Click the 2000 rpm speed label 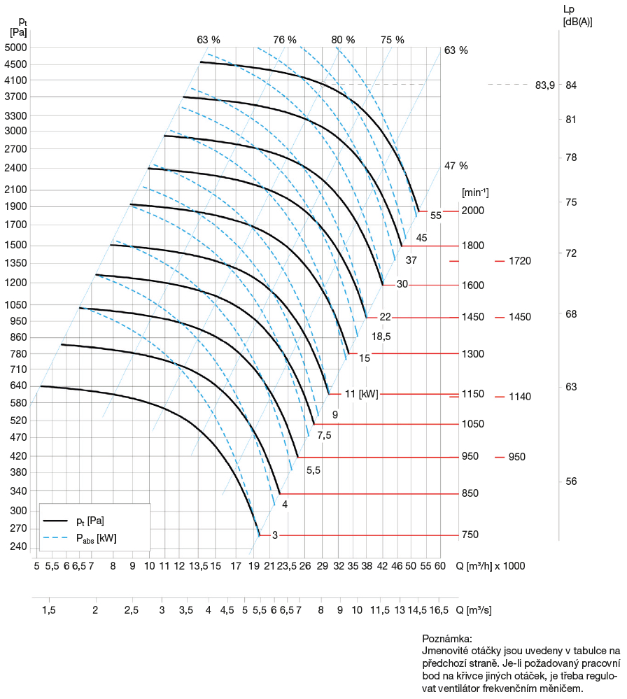click(x=473, y=211)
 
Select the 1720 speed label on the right click(x=521, y=261)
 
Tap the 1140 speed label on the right click(x=521, y=397)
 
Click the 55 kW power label click(x=436, y=216)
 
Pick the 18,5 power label click(x=381, y=337)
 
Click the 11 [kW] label click(x=362, y=394)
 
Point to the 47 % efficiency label click(x=456, y=166)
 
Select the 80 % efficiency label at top click(x=343, y=40)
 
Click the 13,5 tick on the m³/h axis click(x=199, y=565)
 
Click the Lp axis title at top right click(x=568, y=9)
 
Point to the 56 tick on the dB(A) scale click(x=571, y=482)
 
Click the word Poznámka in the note click(x=447, y=639)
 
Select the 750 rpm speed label click(x=470, y=535)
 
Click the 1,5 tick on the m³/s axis click(x=49, y=610)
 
